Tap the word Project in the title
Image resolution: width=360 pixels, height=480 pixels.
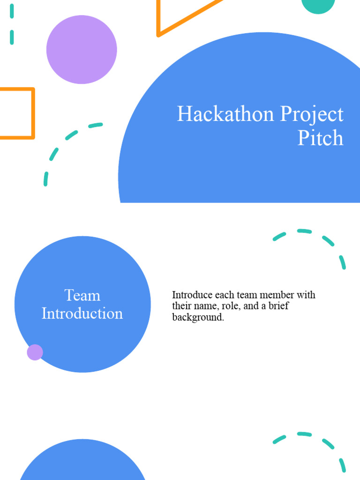(312, 115)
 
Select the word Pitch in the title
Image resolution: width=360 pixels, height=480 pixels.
(321, 138)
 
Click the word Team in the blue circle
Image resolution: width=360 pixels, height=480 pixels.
(82, 295)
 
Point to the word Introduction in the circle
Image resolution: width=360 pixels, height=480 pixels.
(82, 313)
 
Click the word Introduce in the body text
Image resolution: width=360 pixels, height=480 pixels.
(192, 295)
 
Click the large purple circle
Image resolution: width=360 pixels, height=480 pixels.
(82, 50)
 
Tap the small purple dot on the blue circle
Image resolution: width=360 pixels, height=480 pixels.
(35, 352)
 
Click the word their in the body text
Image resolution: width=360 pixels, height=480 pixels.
(181, 307)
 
